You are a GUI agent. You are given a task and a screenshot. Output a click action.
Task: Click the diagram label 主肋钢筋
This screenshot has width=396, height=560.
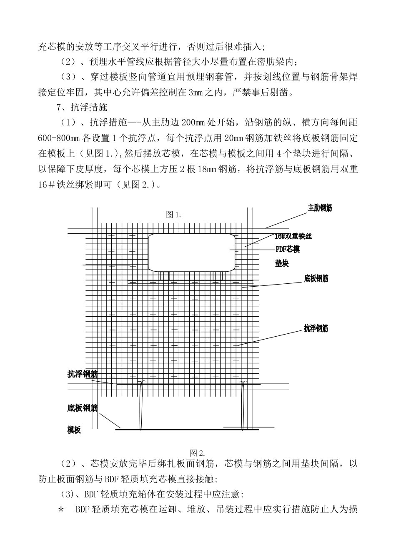click(320, 208)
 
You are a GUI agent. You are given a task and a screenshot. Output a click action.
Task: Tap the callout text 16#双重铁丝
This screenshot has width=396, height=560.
click(293, 236)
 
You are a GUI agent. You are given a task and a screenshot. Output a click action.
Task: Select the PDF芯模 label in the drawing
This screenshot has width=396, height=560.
click(287, 250)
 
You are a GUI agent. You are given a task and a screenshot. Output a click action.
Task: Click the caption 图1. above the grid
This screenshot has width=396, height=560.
click(173, 215)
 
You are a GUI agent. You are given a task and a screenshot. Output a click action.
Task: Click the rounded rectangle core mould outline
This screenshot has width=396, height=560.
click(191, 252)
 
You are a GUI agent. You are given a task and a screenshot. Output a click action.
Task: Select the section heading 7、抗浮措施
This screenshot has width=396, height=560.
click(82, 107)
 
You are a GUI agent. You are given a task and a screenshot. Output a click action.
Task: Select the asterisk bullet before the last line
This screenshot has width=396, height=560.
click(62, 510)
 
